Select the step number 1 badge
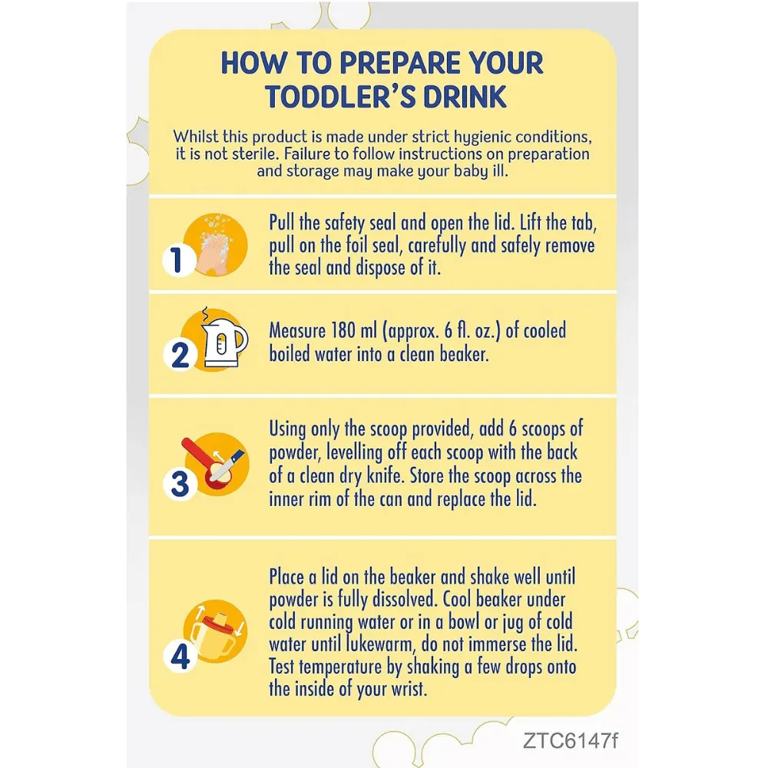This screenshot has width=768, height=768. point(177,260)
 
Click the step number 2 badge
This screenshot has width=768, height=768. point(180,355)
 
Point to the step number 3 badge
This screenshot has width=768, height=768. point(180,483)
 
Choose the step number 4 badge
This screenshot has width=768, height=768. point(180,657)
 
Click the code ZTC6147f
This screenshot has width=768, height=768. point(571,740)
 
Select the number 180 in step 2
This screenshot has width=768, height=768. point(343,330)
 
